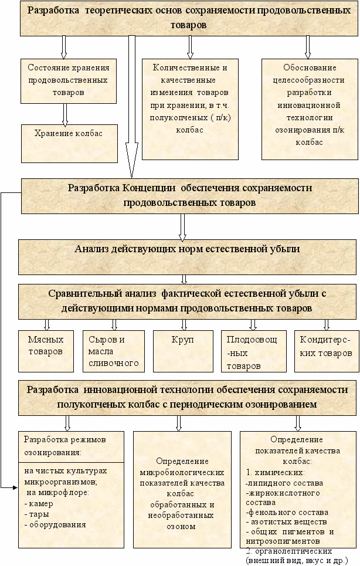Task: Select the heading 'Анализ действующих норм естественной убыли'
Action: (187, 249)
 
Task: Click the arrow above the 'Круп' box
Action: (184, 324)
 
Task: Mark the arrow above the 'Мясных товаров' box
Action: (46, 324)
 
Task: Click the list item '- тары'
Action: (35, 514)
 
